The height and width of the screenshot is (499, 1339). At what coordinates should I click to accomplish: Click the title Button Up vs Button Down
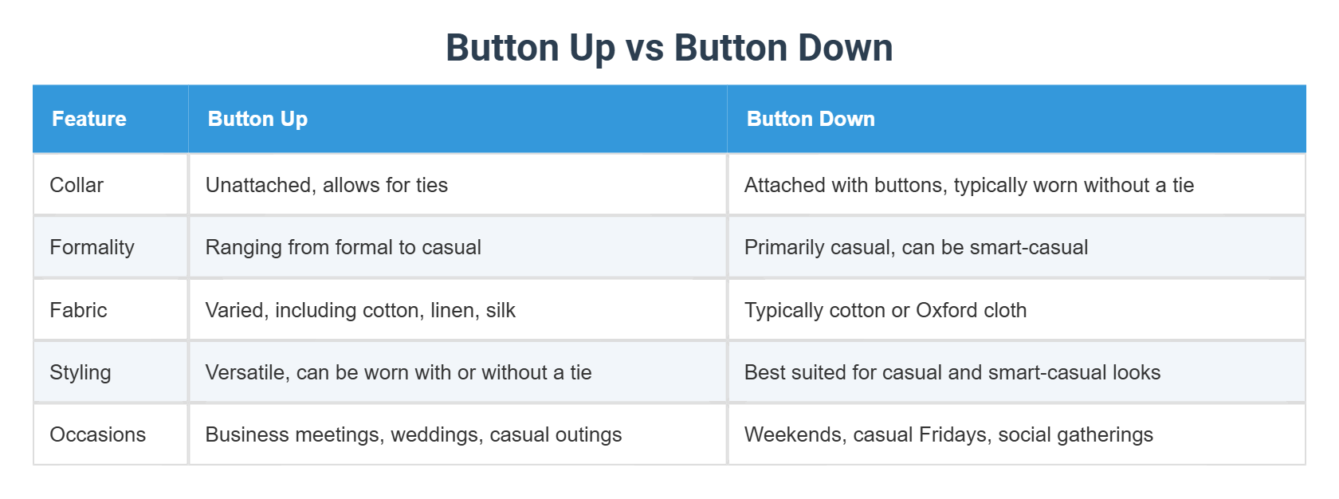[x=669, y=48]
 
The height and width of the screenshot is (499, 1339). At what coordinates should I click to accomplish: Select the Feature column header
[x=89, y=119]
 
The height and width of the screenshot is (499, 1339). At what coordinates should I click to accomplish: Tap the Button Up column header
[x=257, y=119]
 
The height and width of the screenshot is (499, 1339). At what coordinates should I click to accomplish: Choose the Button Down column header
[x=811, y=119]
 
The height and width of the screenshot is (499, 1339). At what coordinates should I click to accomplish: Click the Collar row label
[x=77, y=185]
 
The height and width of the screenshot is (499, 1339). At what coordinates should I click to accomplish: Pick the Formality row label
[x=92, y=247]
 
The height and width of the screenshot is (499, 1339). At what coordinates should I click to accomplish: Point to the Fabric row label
[x=78, y=310]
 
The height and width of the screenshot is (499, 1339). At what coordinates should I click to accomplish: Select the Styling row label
[x=80, y=372]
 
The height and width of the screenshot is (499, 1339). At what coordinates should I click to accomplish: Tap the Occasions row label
[x=98, y=434]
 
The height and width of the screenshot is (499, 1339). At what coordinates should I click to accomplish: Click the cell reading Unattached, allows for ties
[x=327, y=185]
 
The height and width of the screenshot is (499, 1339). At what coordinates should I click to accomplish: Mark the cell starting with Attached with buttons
[x=969, y=185]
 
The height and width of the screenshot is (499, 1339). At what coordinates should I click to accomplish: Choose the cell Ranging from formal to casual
[x=344, y=247]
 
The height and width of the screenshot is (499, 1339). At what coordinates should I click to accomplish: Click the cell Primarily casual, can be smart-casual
[x=916, y=247]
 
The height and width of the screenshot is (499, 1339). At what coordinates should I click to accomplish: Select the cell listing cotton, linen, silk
[x=360, y=310]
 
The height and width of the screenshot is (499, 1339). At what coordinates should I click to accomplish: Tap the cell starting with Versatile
[x=399, y=372]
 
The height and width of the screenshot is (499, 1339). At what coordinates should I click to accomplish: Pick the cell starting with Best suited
[x=952, y=372]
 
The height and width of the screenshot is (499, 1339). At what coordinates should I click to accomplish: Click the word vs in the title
[x=645, y=48]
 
